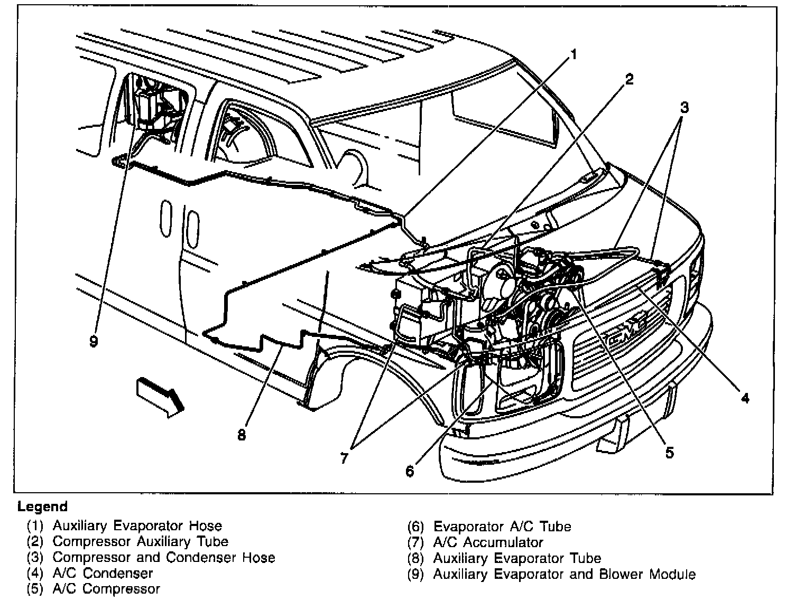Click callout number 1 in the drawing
[x=573, y=54]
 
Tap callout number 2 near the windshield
[x=628, y=80]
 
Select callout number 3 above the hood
[x=684, y=108]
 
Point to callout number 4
[x=744, y=398]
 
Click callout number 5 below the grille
[x=669, y=453]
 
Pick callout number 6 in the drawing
[x=410, y=471]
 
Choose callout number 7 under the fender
[x=344, y=458]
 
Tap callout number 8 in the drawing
[x=242, y=436]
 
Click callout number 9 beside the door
[x=94, y=342]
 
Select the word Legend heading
[x=43, y=507]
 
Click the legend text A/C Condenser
[x=103, y=573]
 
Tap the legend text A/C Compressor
[x=106, y=589]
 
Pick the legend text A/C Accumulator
[x=488, y=542]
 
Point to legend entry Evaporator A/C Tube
[x=502, y=527]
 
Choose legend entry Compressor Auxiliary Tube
[x=140, y=541]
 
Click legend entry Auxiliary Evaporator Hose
[x=137, y=526]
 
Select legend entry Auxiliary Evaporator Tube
[x=517, y=558]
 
